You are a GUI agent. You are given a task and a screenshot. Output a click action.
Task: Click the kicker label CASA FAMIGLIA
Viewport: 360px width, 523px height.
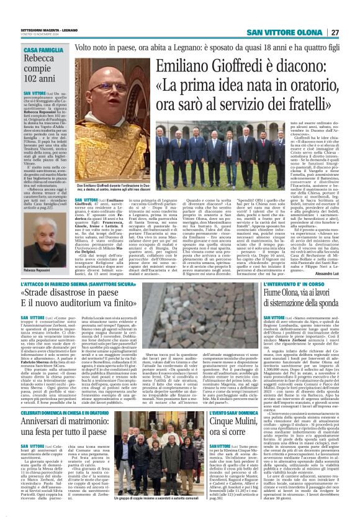point(43,49)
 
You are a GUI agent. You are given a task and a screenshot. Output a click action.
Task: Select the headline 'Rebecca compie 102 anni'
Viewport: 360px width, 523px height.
point(43,69)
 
